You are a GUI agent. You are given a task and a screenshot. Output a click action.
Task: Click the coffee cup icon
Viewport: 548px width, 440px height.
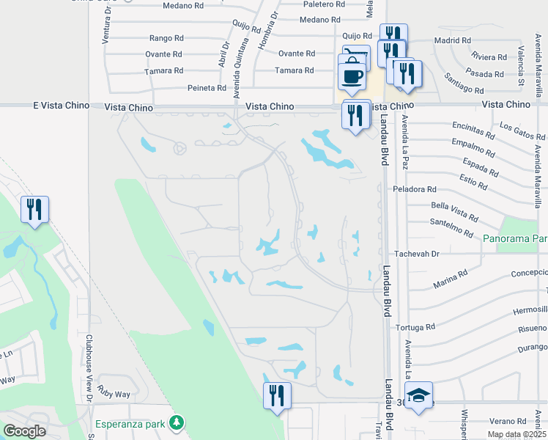point(352,74)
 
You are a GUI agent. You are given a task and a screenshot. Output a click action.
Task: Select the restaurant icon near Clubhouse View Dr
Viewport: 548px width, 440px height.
point(34,210)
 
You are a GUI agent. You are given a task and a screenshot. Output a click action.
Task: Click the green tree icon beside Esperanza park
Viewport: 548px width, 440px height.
point(175,423)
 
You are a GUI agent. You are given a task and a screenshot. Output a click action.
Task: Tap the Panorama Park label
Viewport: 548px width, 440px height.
point(515,238)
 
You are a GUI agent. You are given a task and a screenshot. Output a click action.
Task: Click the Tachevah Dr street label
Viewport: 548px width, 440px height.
point(416,254)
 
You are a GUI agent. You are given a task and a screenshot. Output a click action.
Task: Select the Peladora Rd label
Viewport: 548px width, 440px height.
point(415,189)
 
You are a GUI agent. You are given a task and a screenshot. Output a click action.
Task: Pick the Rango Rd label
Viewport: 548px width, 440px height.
point(166,38)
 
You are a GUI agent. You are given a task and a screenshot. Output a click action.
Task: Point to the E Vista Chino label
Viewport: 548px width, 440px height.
point(61,106)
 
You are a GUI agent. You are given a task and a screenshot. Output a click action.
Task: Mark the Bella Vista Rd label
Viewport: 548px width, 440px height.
point(454,212)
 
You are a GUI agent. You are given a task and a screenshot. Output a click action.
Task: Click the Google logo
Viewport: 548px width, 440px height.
point(24,431)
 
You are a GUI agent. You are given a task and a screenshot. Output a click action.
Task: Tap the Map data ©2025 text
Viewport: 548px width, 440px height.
point(516,434)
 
